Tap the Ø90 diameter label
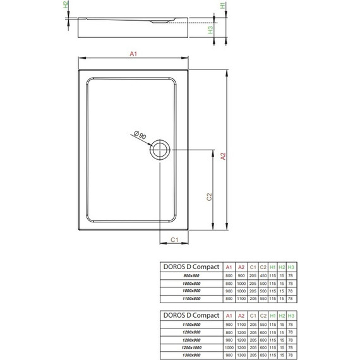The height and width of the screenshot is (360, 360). pyautogui.click(x=140, y=134)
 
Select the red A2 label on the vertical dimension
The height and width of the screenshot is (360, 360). pyautogui.click(x=222, y=156)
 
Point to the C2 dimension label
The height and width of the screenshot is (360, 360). pyautogui.click(x=209, y=197)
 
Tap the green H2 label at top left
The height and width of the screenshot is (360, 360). pyautogui.click(x=66, y=6)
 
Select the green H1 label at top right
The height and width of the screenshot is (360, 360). pyautogui.click(x=222, y=6)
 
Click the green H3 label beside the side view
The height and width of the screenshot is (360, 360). pyautogui.click(x=211, y=29)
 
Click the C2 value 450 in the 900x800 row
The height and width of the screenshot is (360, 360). pyautogui.click(x=263, y=276)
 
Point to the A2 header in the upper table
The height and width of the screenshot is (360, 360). pyautogui.click(x=241, y=267)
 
